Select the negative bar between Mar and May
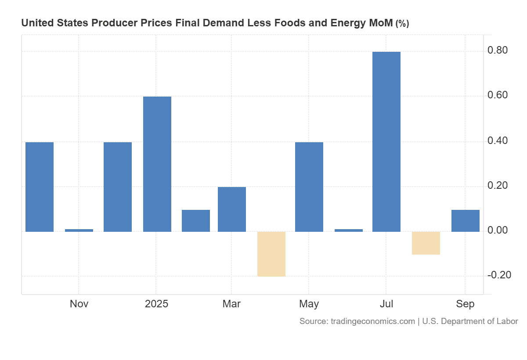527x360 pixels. pos(271,254)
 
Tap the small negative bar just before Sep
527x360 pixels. pos(426,243)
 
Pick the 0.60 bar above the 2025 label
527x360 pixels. pos(157,164)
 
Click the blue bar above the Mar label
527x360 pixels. pos(232,209)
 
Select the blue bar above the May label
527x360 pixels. pos(309,187)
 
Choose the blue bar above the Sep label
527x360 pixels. pos(465,220)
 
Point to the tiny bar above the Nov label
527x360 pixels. pos(79,230)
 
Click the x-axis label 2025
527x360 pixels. pos(156,304)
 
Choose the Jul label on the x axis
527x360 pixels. pos(386,304)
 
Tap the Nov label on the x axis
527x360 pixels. pos(79,304)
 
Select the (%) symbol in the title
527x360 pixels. pos(402,24)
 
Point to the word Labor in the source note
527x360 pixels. pos(507,321)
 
